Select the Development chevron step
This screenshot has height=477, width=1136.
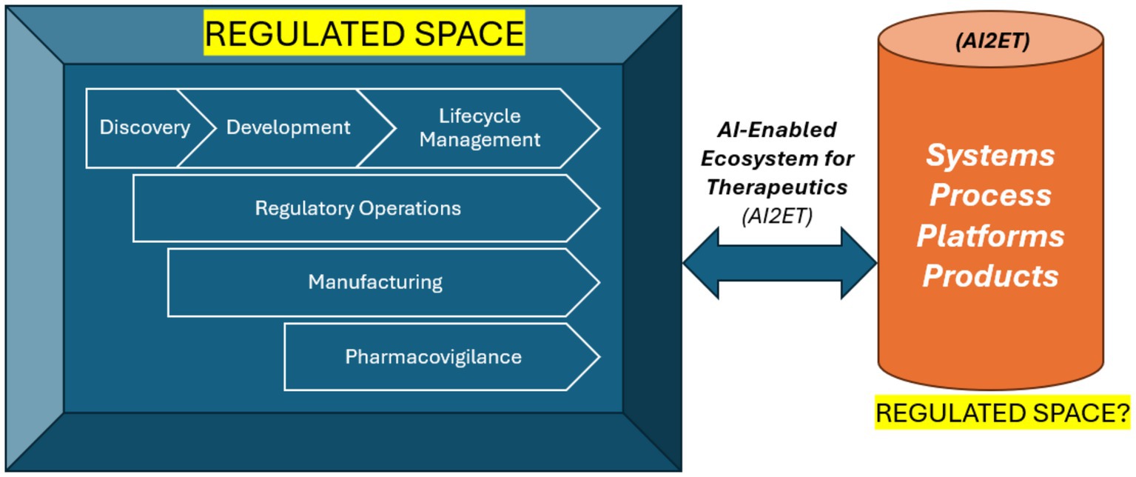288,127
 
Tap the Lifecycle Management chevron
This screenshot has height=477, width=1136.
480,127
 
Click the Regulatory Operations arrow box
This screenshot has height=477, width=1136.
358,208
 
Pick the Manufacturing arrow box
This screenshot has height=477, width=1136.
375,282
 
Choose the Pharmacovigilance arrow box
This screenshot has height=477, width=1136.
433,357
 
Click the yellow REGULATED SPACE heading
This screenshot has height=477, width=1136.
364,34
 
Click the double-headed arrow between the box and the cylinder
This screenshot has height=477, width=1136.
779,263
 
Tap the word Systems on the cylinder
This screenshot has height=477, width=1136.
990,156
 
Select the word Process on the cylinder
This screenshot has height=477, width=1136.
990,195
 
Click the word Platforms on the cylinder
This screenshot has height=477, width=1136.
990,236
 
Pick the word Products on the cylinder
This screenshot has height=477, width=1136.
990,276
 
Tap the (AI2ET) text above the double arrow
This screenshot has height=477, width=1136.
776,216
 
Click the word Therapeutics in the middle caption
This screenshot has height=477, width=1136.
776,187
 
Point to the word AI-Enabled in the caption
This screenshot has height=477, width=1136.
776,130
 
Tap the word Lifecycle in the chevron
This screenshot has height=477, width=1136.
480,116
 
